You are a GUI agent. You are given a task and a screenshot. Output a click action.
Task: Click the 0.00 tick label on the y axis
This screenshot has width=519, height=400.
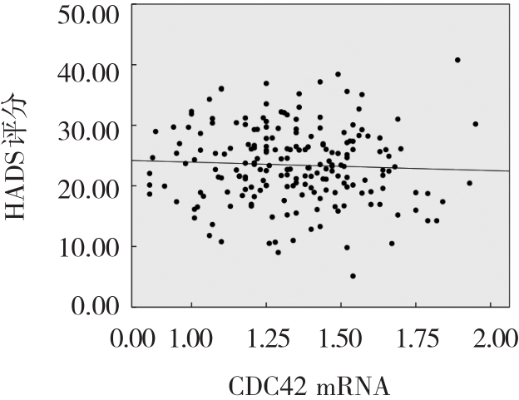90,306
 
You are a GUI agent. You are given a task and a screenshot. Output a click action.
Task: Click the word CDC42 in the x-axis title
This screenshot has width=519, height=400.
264,387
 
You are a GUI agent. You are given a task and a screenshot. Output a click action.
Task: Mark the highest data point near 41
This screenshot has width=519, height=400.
457,60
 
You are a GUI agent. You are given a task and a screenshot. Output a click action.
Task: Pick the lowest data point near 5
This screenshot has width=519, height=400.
353,276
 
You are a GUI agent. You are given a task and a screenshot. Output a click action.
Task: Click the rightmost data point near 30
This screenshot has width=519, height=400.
475,124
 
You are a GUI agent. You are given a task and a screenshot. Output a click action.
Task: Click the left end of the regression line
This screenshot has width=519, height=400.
133,160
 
